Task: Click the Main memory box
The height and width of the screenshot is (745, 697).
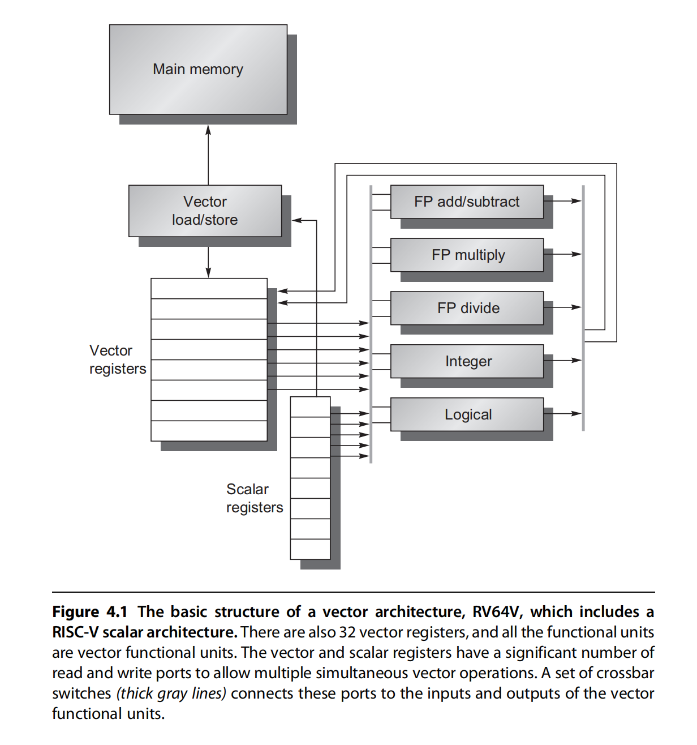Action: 198,69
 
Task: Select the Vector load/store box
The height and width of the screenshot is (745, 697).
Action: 205,211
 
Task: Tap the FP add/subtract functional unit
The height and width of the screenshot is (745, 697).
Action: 467,202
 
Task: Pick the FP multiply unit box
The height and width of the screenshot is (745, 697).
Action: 467,255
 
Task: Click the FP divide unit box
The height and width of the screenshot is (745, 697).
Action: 467,308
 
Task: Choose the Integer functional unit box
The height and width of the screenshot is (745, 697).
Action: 467,361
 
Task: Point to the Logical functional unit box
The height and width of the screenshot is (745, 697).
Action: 467,414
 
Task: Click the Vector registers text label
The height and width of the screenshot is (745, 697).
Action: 117,359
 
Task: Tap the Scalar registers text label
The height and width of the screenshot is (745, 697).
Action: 254,498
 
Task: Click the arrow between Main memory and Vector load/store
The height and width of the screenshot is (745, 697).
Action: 208,155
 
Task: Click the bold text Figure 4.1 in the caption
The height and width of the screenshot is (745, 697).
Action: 89,612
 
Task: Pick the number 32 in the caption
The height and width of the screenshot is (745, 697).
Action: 347,632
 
